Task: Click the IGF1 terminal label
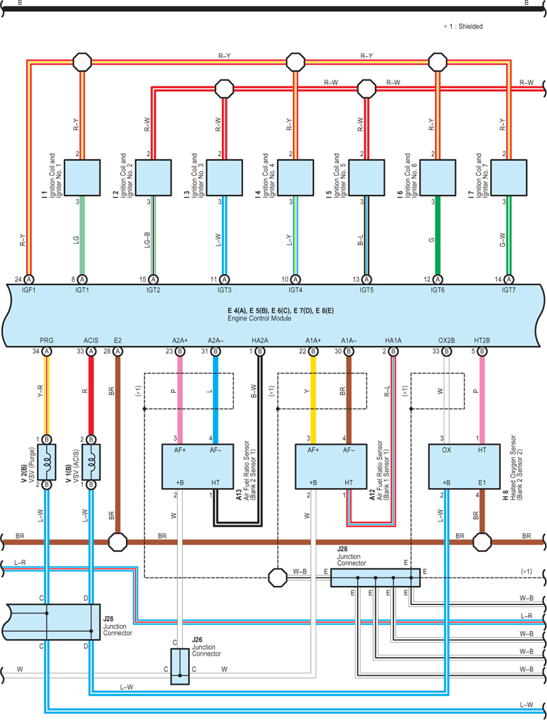pos(29,290)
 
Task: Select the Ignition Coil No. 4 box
pos(295,178)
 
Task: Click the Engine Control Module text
pos(259,318)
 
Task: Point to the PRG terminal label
pos(47,340)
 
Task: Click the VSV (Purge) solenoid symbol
pos(47,462)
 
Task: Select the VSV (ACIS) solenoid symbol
pos(91,462)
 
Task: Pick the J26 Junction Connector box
pos(179,667)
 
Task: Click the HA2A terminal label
pos(260,340)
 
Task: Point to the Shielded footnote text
pos(463,27)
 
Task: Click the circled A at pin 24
pos(29,279)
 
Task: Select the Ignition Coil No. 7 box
pos(509,178)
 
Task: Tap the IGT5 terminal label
pos(366,290)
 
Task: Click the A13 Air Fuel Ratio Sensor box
pos(197,466)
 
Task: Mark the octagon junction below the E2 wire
pos(118,542)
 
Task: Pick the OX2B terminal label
pos(446,340)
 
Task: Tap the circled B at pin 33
pos(446,352)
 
